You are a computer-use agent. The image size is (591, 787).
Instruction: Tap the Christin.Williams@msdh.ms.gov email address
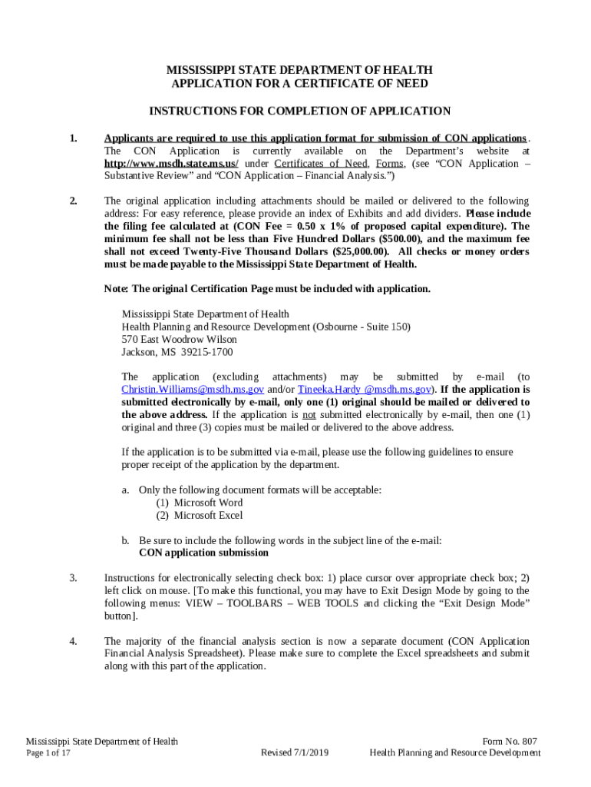pos(193,390)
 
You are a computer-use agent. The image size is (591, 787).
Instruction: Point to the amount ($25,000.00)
pos(350,251)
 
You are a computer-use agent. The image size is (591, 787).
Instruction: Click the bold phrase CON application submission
pos(203,553)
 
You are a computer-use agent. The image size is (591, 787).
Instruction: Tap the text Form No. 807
pos(510,741)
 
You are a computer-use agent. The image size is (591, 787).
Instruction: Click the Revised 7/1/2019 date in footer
pos(295,752)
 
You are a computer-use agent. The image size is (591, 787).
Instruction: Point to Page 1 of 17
pos(48,752)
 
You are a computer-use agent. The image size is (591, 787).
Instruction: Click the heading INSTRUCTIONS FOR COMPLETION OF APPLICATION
pos(299,111)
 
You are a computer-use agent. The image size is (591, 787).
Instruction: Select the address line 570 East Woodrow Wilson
pos(180,339)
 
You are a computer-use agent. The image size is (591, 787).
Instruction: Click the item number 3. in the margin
pos(73,578)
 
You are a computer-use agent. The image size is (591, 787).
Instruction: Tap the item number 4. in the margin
pos(73,641)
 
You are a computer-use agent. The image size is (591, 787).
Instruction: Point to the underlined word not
pos(309,415)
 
